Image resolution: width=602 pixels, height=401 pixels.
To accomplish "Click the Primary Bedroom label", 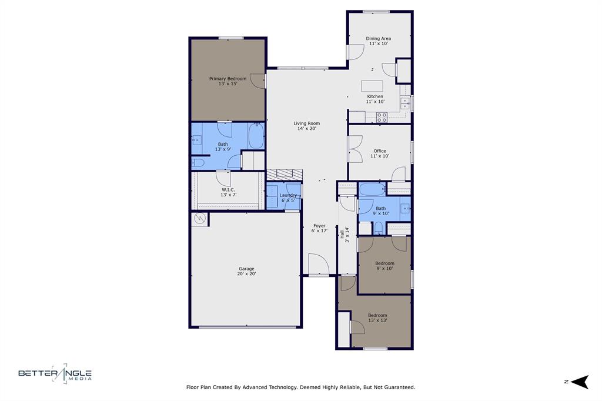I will [228, 81].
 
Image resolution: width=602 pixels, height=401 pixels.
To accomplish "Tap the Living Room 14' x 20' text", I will [306, 126].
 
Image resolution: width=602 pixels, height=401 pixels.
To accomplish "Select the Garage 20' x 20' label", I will [246, 271].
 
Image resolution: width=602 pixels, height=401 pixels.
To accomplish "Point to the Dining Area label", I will [379, 41].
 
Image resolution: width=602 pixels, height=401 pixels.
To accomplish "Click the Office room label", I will [380, 153].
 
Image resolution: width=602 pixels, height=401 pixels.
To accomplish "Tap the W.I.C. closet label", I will [228, 192].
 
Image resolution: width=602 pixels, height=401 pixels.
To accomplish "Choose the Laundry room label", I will [288, 198].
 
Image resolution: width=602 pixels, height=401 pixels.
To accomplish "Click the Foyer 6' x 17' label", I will [319, 228].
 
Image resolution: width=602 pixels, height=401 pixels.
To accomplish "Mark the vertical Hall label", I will [345, 234].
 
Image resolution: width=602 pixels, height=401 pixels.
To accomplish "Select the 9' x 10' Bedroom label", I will [385, 266].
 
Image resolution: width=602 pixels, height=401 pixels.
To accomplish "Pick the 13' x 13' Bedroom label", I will [377, 318].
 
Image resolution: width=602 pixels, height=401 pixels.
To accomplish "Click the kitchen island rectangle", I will [372, 85].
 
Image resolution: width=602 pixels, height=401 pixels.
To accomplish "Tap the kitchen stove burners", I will [382, 117].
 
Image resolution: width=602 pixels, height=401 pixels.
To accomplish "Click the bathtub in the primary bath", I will [256, 136].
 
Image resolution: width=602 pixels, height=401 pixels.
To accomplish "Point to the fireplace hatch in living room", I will [285, 175].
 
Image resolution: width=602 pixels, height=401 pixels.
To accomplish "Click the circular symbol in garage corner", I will [199, 219].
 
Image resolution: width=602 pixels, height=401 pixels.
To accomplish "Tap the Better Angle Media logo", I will [55, 373].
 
